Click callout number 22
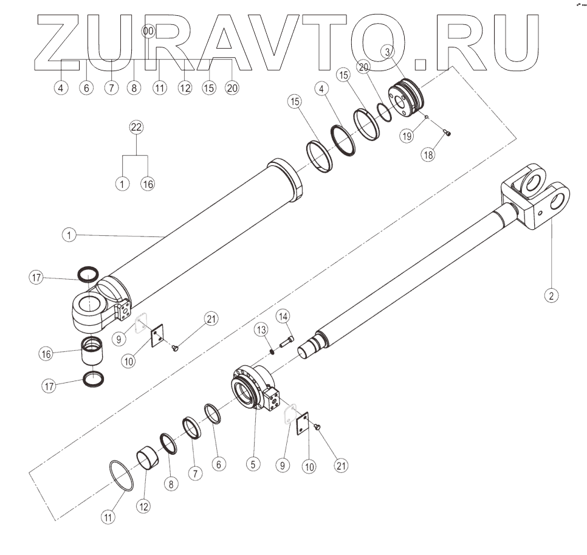(x=137, y=127)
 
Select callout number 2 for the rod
(x=551, y=295)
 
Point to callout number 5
(x=253, y=463)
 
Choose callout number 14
(x=284, y=316)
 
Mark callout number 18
(x=429, y=154)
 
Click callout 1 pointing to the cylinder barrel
(x=70, y=235)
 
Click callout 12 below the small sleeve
(x=144, y=506)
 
